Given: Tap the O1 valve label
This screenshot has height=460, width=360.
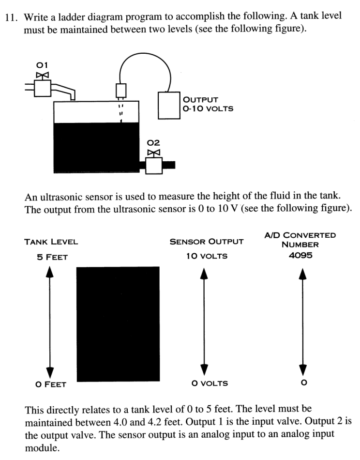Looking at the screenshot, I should click(x=42, y=65).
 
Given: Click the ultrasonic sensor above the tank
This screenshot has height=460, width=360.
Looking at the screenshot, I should click(x=121, y=91).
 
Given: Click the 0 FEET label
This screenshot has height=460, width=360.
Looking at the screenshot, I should click(x=50, y=384).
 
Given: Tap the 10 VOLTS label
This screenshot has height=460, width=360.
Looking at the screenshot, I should click(x=207, y=256).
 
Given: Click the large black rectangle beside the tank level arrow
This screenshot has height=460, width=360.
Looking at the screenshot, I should click(x=118, y=323).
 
